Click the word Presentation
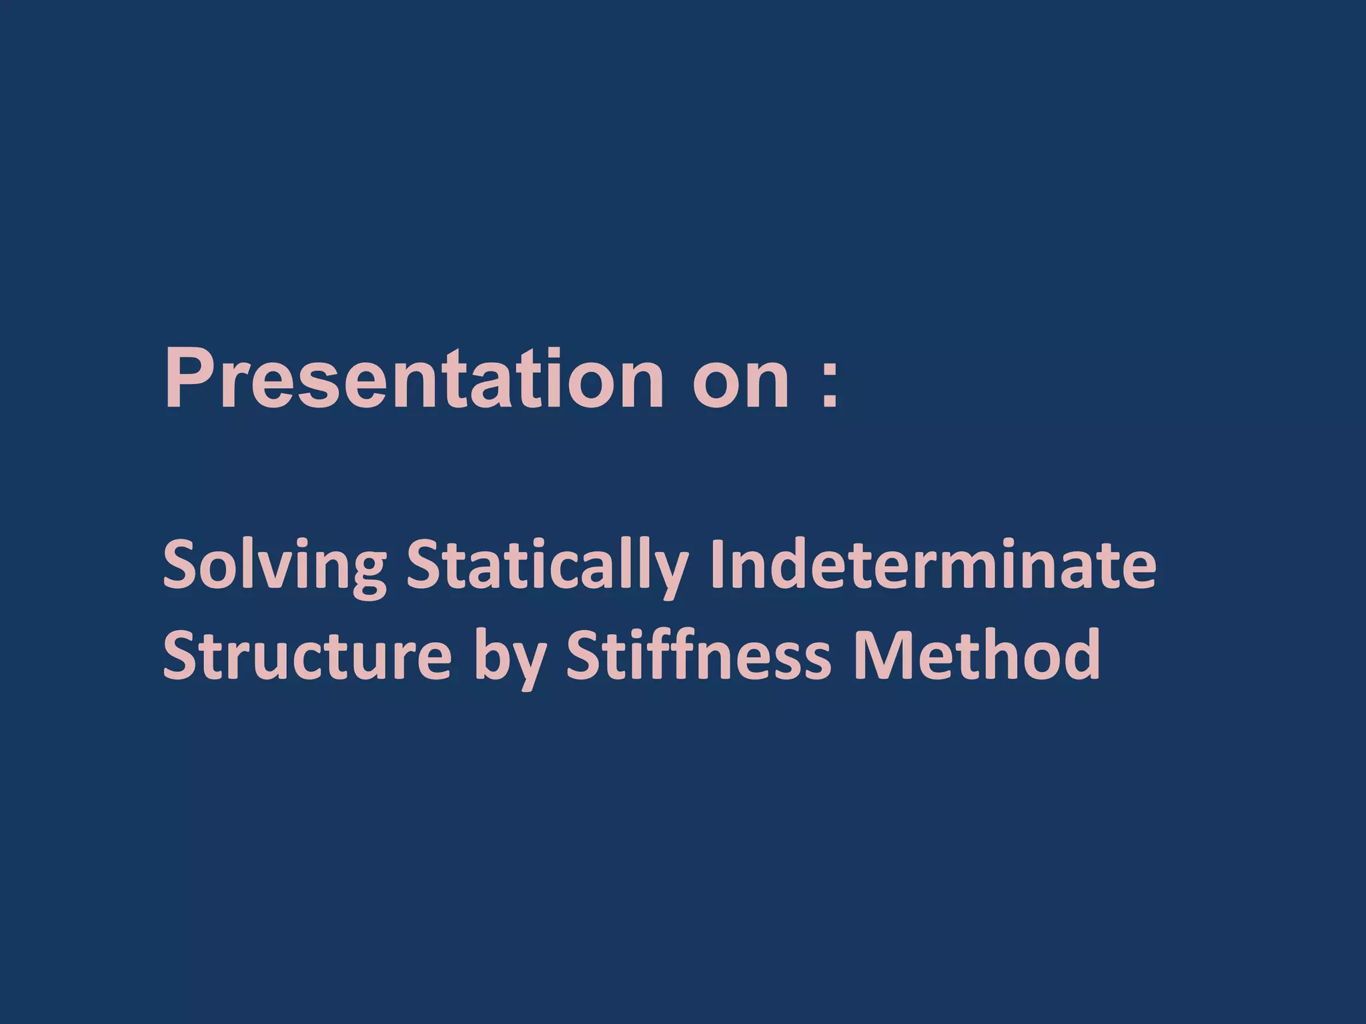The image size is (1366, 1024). (414, 379)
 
